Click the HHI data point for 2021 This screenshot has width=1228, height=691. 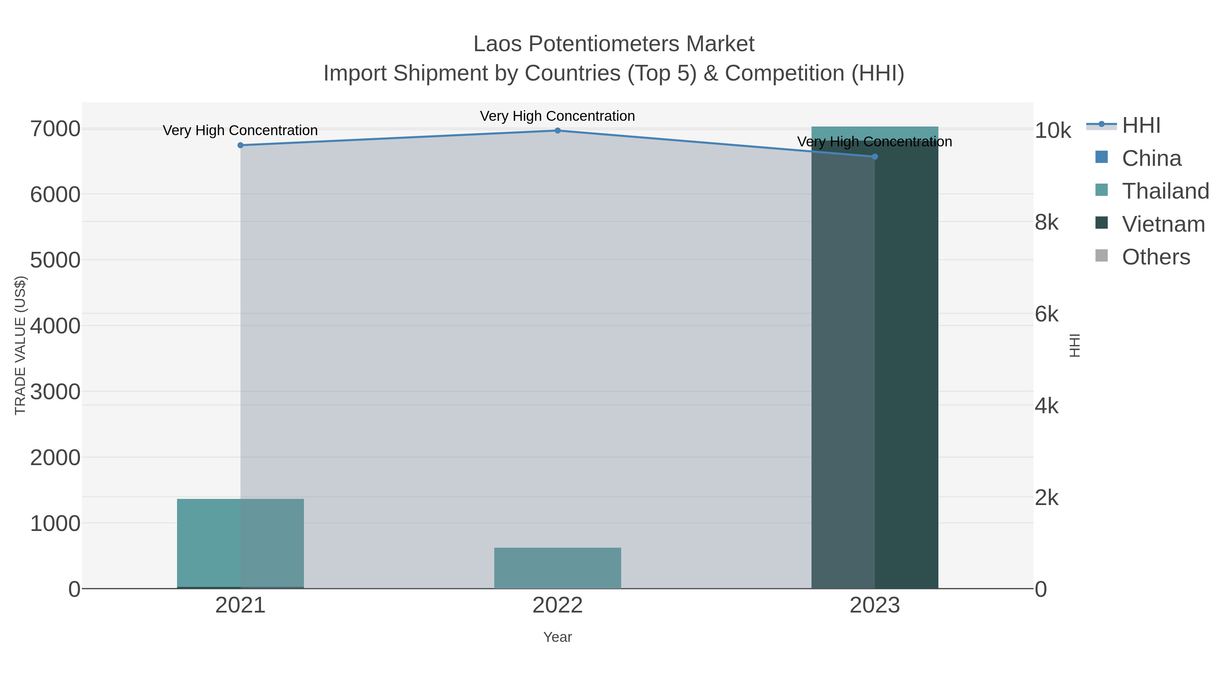click(240, 145)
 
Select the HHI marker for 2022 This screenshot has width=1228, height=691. click(557, 130)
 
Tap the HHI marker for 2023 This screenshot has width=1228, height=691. click(874, 156)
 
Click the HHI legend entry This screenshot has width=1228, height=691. click(1141, 126)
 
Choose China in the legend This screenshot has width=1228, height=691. click(1151, 158)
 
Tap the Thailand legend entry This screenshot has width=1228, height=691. click(1165, 191)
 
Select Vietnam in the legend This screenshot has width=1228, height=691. click(1163, 224)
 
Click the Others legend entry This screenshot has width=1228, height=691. click(1156, 257)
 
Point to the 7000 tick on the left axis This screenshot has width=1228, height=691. click(55, 129)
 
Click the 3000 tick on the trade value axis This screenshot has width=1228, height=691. click(55, 392)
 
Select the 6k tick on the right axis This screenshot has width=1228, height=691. click(1047, 315)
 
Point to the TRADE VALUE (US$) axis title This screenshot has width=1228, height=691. click(20, 345)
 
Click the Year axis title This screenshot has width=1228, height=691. click(557, 637)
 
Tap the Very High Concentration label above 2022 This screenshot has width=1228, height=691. click(557, 116)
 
